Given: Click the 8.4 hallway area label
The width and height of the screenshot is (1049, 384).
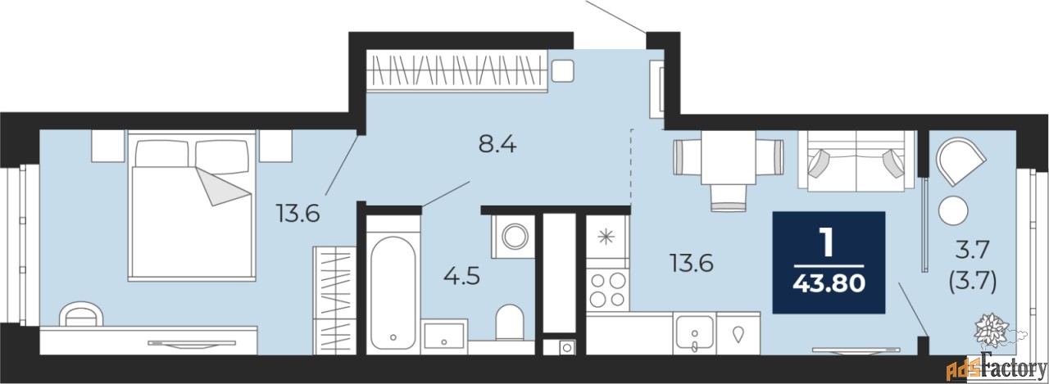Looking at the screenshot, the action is pyautogui.click(x=497, y=145).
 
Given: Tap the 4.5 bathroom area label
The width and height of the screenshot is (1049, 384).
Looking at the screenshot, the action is pyautogui.click(x=461, y=277).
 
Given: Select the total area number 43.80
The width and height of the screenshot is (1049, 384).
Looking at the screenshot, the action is pyautogui.click(x=829, y=283).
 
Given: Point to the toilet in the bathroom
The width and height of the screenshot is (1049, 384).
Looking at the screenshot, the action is pyautogui.click(x=510, y=322).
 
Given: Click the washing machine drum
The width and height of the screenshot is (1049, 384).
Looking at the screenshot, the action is pyautogui.click(x=515, y=236).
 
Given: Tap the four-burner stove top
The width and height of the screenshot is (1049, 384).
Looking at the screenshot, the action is pyautogui.click(x=608, y=290).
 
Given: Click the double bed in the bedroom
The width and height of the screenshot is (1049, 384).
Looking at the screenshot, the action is pyautogui.click(x=192, y=206).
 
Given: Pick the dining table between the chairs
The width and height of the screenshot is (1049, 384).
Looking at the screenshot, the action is pyautogui.click(x=729, y=157).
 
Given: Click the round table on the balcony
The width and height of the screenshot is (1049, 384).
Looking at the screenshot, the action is pyautogui.click(x=953, y=210).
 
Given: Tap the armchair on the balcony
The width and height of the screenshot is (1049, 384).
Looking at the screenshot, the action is pyautogui.click(x=961, y=161).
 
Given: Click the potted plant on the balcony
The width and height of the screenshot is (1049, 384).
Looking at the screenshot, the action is pyautogui.click(x=992, y=330).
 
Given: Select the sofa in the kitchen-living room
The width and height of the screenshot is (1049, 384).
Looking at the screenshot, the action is pyautogui.click(x=856, y=160).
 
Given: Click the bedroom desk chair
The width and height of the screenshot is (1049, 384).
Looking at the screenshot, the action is pyautogui.click(x=81, y=314).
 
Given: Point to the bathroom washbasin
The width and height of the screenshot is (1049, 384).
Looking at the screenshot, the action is pyautogui.click(x=444, y=336).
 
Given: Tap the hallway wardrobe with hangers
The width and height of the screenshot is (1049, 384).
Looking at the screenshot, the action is pyautogui.click(x=456, y=71).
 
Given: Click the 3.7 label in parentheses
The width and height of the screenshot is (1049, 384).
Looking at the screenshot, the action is pyautogui.click(x=972, y=282).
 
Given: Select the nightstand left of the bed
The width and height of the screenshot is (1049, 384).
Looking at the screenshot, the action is pyautogui.click(x=107, y=146).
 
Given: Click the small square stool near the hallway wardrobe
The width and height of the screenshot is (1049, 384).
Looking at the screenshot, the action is pyautogui.click(x=562, y=71).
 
